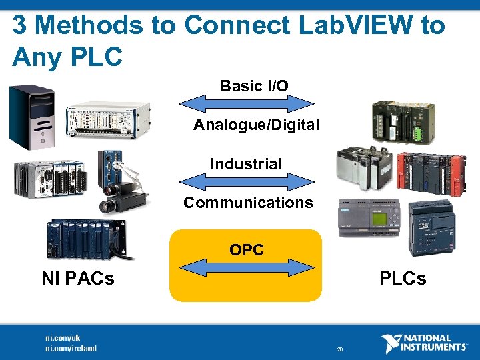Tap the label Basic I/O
[x=254, y=86]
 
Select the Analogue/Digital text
[x=257, y=125]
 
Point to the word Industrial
[x=246, y=163]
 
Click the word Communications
[x=248, y=203]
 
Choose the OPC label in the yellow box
[x=247, y=250]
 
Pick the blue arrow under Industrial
[x=247, y=181]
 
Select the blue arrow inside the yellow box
[x=247, y=268]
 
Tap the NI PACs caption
[x=78, y=278]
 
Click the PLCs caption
[x=403, y=278]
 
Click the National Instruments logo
[x=424, y=343]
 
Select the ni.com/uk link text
[x=63, y=338]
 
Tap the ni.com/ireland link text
[x=71, y=348]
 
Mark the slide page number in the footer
[x=340, y=349]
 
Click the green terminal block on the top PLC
[x=417, y=132]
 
